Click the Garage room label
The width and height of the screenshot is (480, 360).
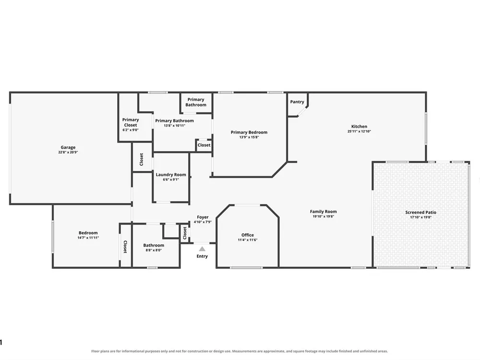click(x=68, y=147)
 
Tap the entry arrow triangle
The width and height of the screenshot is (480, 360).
click(x=202, y=249)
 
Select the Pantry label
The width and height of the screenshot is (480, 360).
click(x=297, y=102)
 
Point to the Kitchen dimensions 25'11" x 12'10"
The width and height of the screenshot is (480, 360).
click(x=359, y=132)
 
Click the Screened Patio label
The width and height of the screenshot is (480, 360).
click(x=420, y=212)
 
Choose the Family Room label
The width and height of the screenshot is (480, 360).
click(x=323, y=212)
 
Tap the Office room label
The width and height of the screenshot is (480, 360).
click(x=247, y=235)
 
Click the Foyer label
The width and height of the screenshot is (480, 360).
click(x=203, y=217)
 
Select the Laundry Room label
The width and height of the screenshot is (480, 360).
click(x=171, y=175)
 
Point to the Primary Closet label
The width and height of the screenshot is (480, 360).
click(x=131, y=122)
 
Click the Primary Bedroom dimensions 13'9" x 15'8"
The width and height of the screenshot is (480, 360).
click(x=249, y=137)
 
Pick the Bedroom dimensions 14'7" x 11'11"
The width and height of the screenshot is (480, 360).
click(x=88, y=238)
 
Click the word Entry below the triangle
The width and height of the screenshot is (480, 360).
click(x=202, y=256)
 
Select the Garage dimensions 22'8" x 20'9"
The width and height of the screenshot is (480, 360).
click(x=68, y=152)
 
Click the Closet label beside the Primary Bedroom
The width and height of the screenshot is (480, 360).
click(x=204, y=145)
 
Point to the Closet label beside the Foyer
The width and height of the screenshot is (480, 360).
click(x=185, y=233)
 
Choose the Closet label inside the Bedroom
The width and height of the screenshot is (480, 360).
click(x=125, y=247)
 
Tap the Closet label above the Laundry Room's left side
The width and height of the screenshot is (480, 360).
click(x=141, y=159)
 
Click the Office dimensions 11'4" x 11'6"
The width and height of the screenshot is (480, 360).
click(x=247, y=240)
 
